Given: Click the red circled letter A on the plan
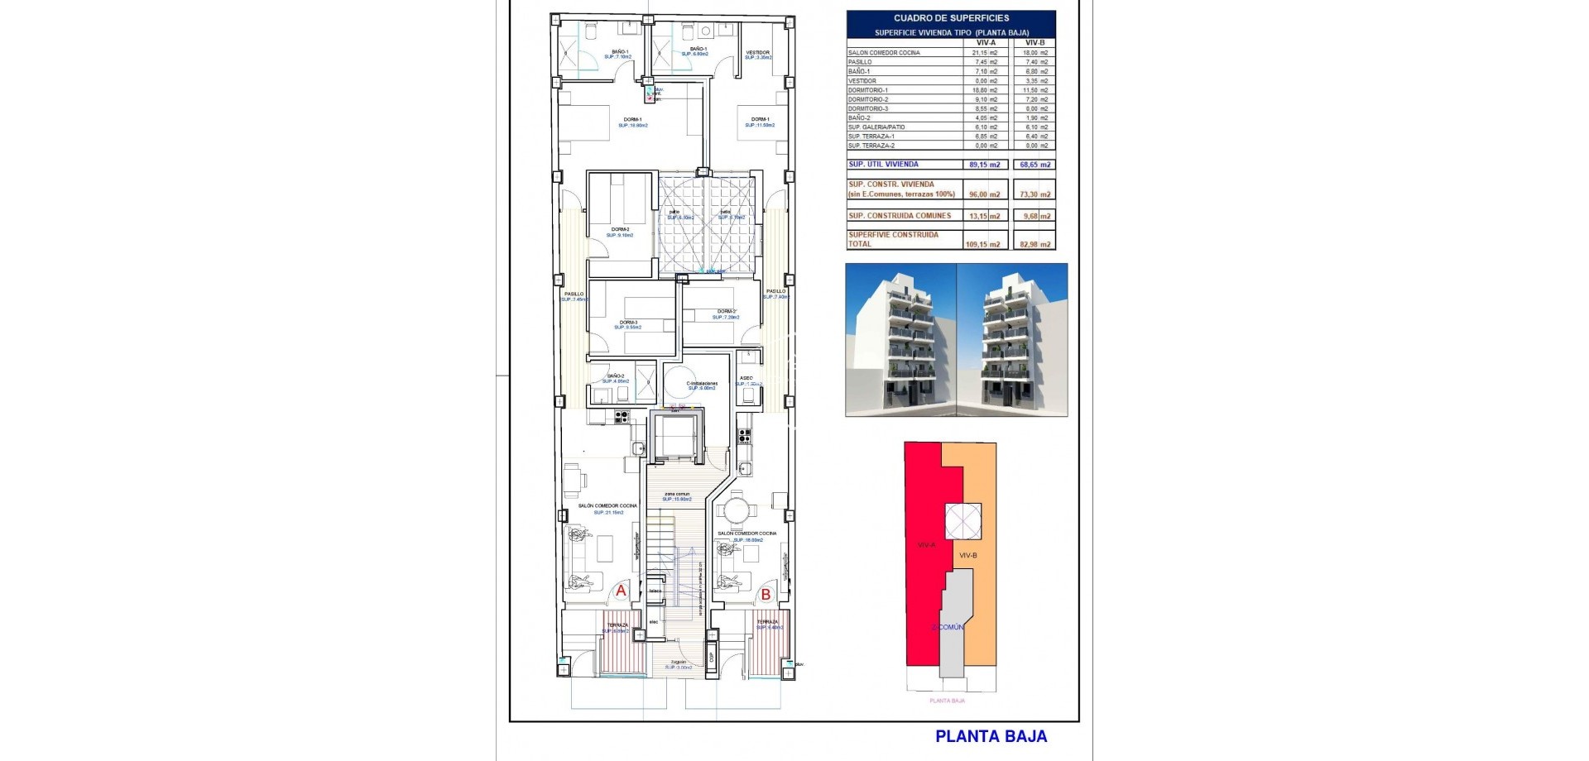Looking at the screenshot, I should click(x=621, y=591).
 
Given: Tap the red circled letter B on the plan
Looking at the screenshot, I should click(x=766, y=593).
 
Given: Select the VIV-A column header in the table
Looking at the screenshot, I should click(x=986, y=42).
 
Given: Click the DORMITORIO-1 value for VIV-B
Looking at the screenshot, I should click(x=1035, y=90).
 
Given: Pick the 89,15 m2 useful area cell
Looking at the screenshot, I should click(x=984, y=165).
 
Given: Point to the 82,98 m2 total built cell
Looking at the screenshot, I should click(x=1035, y=244).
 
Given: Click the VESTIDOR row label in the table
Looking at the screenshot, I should click(x=862, y=81).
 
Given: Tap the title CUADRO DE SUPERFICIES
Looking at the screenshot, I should click(x=951, y=17).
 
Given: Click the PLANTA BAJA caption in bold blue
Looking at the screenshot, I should click(x=991, y=736).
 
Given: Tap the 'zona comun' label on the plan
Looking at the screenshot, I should click(x=676, y=494).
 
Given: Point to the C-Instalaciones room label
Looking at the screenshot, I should click(x=702, y=384).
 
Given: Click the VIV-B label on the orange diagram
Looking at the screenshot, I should click(x=967, y=555).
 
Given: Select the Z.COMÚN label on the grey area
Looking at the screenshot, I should click(x=948, y=627).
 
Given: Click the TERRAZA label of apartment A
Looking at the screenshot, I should click(x=617, y=625).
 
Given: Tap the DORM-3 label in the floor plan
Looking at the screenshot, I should click(x=629, y=323).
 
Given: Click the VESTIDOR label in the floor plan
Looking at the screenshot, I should click(x=757, y=52).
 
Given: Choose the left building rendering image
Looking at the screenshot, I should click(x=901, y=340).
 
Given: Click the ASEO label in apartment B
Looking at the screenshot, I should click(x=746, y=378).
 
